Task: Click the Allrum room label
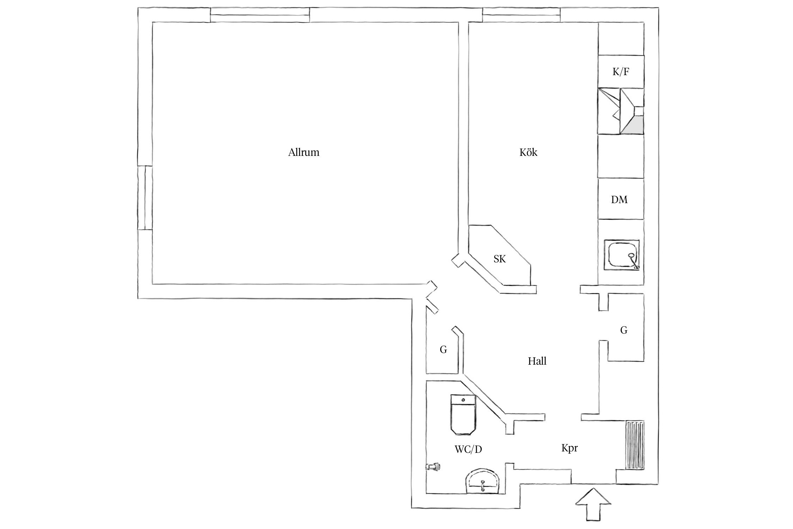[303, 152]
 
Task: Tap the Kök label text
[528, 152]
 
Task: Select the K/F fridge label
[621, 72]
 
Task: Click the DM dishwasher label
[619, 200]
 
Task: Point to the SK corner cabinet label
[500, 259]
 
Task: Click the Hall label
[537, 361]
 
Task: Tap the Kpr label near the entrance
[570, 448]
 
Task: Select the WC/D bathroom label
[468, 450]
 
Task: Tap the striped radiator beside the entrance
[635, 445]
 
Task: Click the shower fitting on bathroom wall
[434, 467]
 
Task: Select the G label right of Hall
[624, 330]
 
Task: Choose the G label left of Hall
[443, 349]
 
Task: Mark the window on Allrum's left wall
[145, 198]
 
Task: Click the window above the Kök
[521, 15]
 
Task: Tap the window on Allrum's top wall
[260, 15]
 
